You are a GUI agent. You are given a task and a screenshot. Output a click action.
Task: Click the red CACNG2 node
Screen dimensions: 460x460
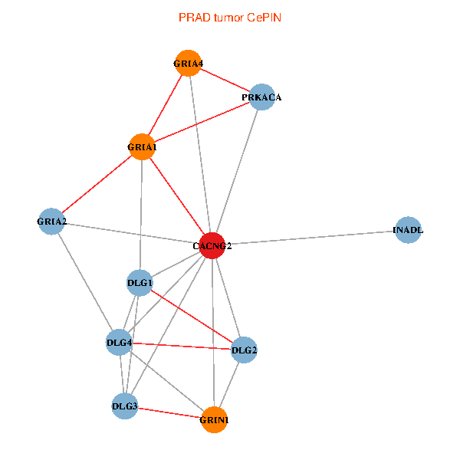(x=212, y=245)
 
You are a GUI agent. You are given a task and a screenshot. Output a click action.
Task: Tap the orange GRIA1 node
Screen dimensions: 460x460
(x=142, y=146)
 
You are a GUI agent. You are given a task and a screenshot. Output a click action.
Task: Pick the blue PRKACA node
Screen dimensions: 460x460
(x=262, y=97)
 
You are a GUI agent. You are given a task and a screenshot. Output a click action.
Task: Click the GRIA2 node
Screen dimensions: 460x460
(x=51, y=222)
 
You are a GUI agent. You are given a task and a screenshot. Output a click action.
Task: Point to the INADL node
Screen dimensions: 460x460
(x=408, y=229)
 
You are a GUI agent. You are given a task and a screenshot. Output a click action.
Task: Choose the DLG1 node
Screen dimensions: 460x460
(x=140, y=283)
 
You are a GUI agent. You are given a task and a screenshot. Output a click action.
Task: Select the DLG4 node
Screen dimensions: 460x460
(x=119, y=342)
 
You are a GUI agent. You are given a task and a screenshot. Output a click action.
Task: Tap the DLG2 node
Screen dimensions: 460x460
(x=244, y=350)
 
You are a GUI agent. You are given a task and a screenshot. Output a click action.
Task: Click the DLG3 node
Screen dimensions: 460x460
(x=124, y=406)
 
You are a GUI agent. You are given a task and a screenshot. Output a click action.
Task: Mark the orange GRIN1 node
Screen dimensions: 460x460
(x=214, y=419)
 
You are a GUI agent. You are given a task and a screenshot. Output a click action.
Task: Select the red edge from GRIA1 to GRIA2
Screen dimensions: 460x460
(x=97, y=184)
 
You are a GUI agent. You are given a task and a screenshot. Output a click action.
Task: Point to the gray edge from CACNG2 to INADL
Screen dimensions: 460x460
(x=310, y=237)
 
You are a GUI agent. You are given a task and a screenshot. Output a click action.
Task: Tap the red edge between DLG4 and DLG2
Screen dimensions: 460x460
(x=182, y=347)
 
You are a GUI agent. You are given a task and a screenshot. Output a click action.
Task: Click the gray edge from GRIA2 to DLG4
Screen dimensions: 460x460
(x=85, y=282)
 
